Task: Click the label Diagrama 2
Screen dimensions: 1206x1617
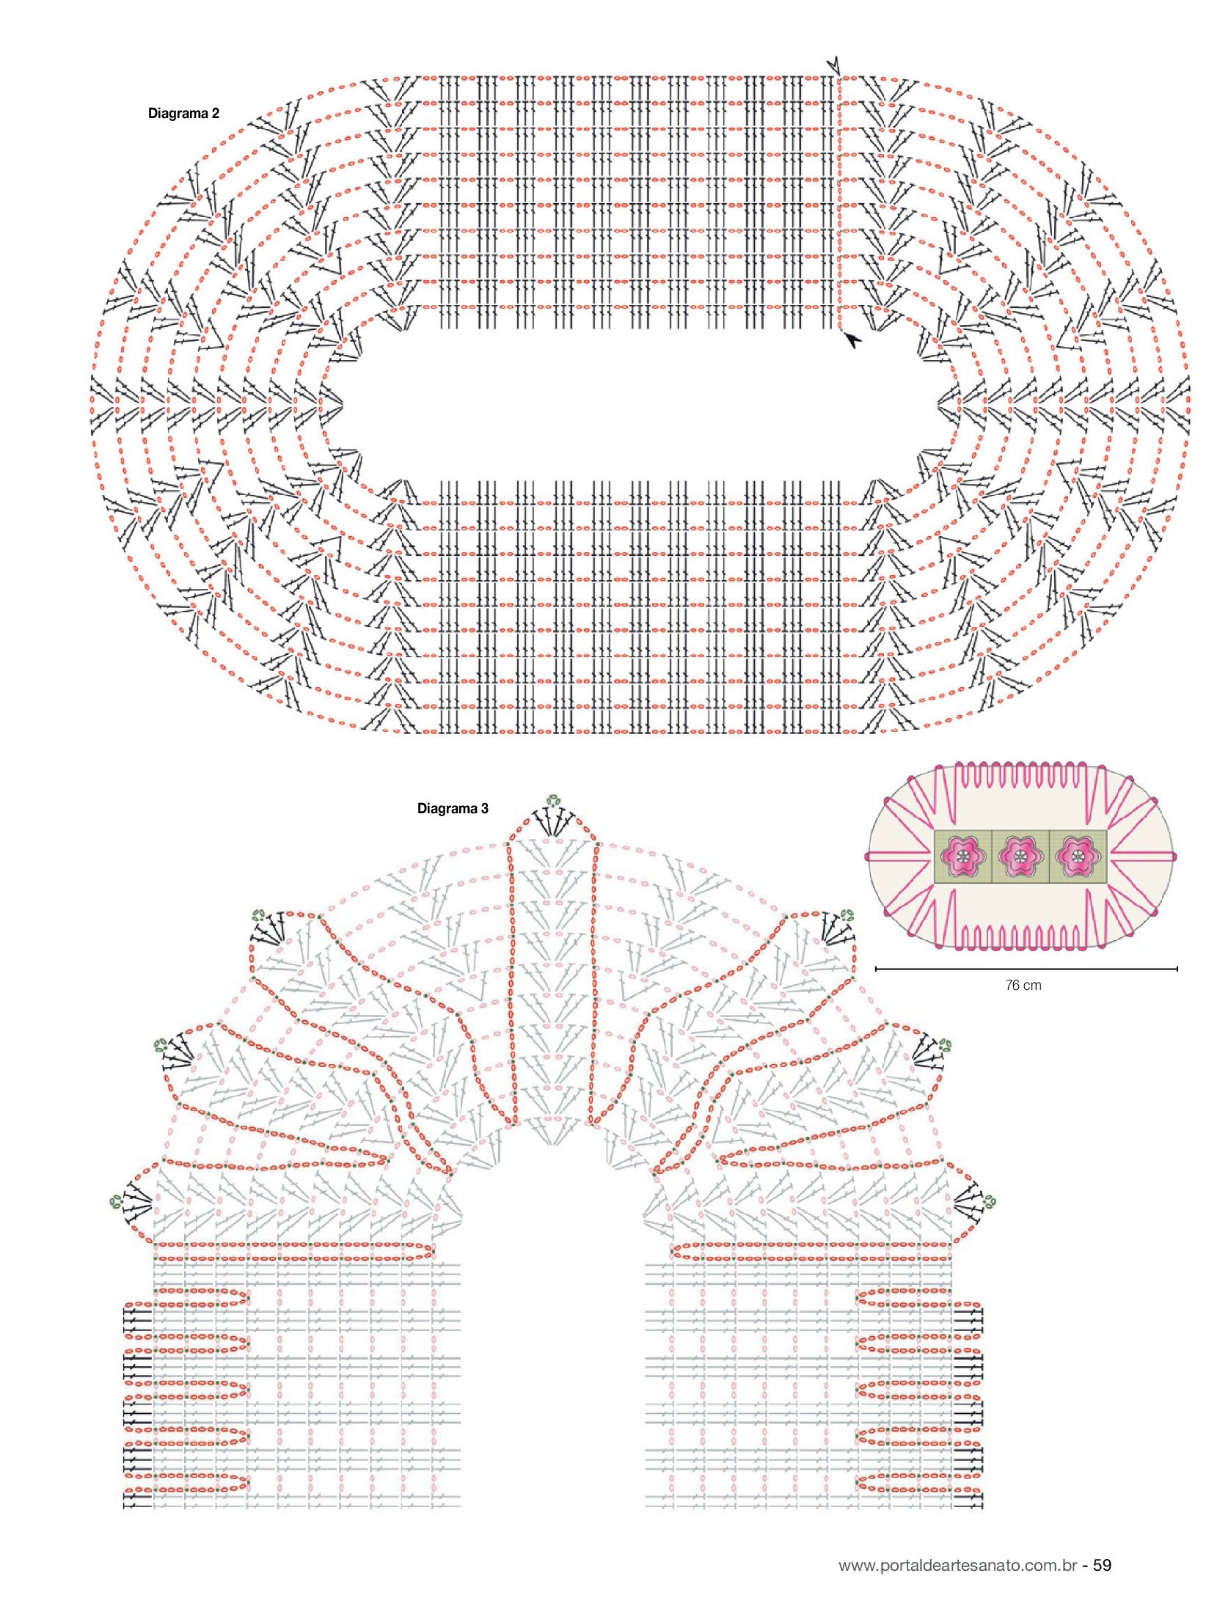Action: [183, 114]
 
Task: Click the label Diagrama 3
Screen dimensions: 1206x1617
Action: [453, 809]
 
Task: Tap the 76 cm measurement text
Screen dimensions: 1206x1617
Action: [1023, 986]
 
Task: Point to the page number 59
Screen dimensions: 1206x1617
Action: [1103, 1566]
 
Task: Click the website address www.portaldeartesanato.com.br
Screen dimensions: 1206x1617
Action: [958, 1566]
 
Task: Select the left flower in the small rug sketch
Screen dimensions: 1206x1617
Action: [962, 857]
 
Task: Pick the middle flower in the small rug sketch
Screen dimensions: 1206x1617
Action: [1020, 857]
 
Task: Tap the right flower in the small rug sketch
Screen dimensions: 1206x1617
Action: [1078, 857]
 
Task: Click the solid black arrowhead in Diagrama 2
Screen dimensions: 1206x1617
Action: [852, 340]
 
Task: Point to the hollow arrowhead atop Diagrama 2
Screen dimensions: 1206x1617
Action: [833, 65]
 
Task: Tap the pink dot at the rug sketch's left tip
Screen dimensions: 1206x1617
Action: [869, 857]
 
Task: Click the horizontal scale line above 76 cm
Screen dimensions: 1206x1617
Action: [1026, 969]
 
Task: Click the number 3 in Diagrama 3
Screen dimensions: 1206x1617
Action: [484, 809]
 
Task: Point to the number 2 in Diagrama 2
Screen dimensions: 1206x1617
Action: [215, 114]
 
